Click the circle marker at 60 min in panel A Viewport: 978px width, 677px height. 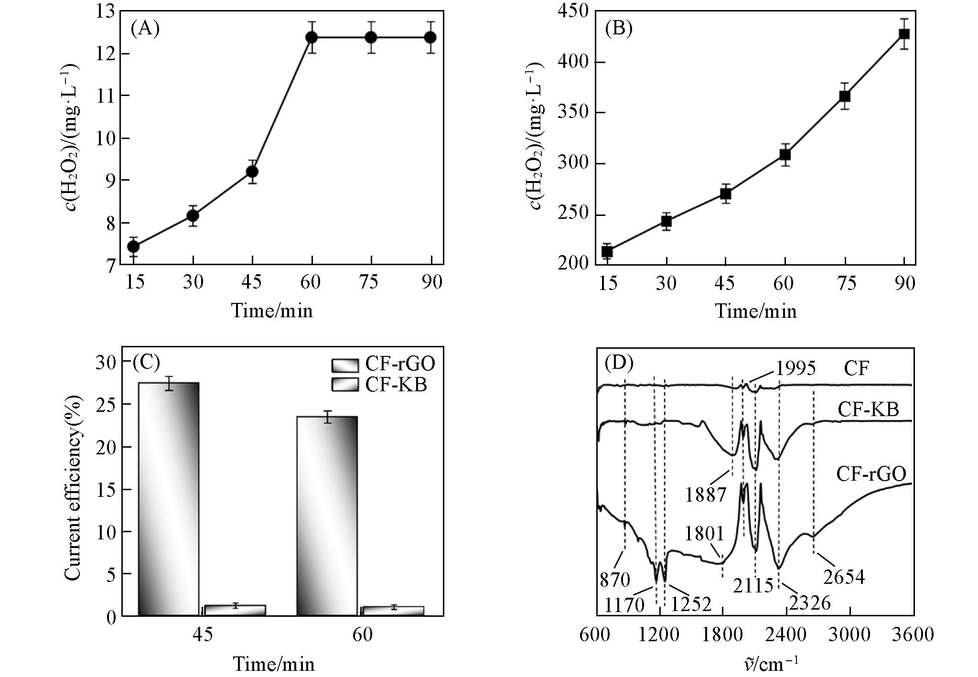pyautogui.click(x=312, y=37)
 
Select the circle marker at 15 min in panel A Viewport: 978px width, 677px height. pyautogui.click(x=133, y=247)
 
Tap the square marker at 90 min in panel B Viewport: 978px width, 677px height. pyautogui.click(x=904, y=34)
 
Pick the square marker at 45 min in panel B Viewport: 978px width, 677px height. pyautogui.click(x=726, y=193)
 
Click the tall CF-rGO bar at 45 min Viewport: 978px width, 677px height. pyautogui.click(x=168, y=499)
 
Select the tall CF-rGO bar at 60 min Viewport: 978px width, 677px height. pyautogui.click(x=327, y=516)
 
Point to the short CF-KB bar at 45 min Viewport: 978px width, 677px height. pyautogui.click(x=235, y=610)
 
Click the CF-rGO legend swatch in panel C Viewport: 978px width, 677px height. pyautogui.click(x=344, y=365)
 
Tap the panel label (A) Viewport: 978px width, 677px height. pyautogui.click(x=145, y=29)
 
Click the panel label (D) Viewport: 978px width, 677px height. pyautogui.click(x=619, y=364)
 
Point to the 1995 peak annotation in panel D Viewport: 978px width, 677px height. pyautogui.click(x=795, y=368)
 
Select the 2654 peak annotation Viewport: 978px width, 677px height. pyautogui.click(x=844, y=577)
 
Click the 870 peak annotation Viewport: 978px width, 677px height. pyautogui.click(x=615, y=580)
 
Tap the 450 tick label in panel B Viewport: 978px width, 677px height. pyautogui.click(x=575, y=11)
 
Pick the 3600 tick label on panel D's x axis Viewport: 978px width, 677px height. pyautogui.click(x=913, y=635)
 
